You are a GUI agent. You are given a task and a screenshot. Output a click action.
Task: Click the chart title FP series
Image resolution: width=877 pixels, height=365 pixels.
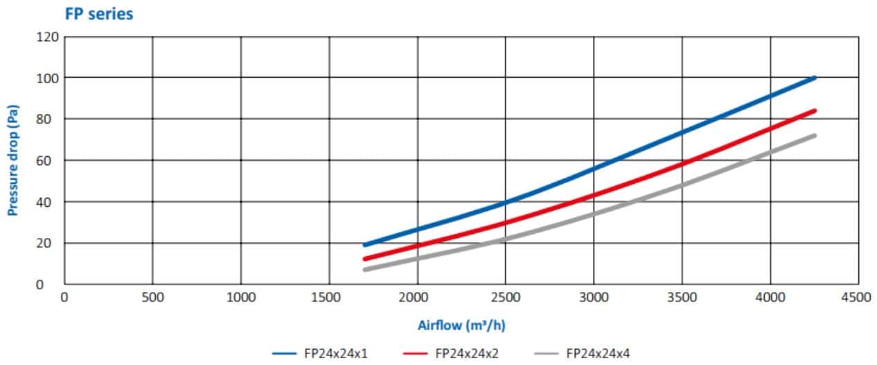click(x=98, y=13)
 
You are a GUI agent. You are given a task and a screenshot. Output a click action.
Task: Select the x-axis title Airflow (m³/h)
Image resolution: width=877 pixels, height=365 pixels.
click(x=461, y=325)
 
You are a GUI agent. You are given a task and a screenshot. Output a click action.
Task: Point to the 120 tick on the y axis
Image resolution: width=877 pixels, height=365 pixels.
click(x=47, y=36)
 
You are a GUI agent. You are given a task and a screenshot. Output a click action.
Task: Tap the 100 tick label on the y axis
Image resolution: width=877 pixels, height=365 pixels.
click(x=47, y=78)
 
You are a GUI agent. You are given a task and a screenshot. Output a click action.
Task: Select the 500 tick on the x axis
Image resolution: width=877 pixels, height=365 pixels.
click(x=152, y=297)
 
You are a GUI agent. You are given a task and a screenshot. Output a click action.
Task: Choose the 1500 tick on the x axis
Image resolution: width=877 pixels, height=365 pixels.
click(x=329, y=297)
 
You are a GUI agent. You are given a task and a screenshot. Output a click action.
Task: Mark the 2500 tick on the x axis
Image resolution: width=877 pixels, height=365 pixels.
click(x=506, y=297)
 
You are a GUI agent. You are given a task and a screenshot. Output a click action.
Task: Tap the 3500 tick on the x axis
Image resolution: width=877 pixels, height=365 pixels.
click(x=682, y=297)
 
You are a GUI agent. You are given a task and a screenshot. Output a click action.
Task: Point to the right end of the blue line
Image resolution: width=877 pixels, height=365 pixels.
click(x=815, y=78)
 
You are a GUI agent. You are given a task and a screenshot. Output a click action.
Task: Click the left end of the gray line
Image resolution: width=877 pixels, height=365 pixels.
click(x=365, y=269)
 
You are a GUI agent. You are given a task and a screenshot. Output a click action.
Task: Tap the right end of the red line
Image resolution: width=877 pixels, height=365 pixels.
click(x=815, y=110)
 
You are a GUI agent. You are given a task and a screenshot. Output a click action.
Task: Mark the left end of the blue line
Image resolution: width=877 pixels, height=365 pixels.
click(x=365, y=245)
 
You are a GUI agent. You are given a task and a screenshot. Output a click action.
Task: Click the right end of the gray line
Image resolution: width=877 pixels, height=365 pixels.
click(x=815, y=135)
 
